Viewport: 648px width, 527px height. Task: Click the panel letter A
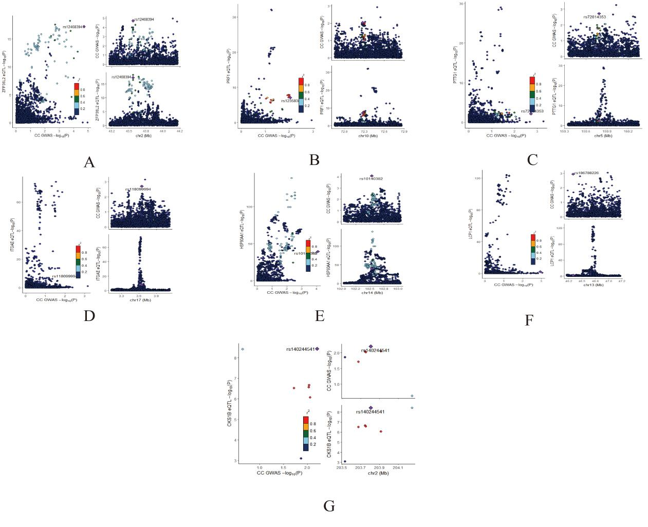click(89, 162)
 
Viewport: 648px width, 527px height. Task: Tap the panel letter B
click(314, 160)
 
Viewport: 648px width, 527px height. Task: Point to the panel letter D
click(89, 315)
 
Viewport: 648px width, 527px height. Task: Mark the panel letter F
click(529, 321)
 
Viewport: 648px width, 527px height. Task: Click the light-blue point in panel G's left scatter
click(243, 349)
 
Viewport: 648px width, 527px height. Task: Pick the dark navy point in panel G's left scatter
click(301, 459)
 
